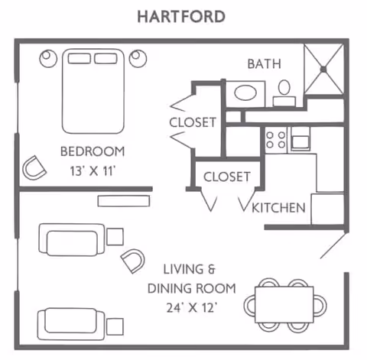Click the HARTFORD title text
click(x=181, y=16)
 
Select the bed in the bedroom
click(x=93, y=90)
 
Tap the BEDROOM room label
click(x=92, y=151)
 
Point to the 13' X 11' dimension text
click(x=92, y=170)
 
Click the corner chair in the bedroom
click(x=34, y=166)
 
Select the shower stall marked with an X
click(x=323, y=70)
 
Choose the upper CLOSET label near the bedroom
click(x=193, y=122)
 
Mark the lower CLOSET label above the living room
click(x=226, y=177)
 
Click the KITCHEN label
click(x=279, y=207)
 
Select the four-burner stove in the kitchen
click(x=275, y=139)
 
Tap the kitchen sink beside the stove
click(x=300, y=139)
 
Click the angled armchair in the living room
click(x=134, y=260)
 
